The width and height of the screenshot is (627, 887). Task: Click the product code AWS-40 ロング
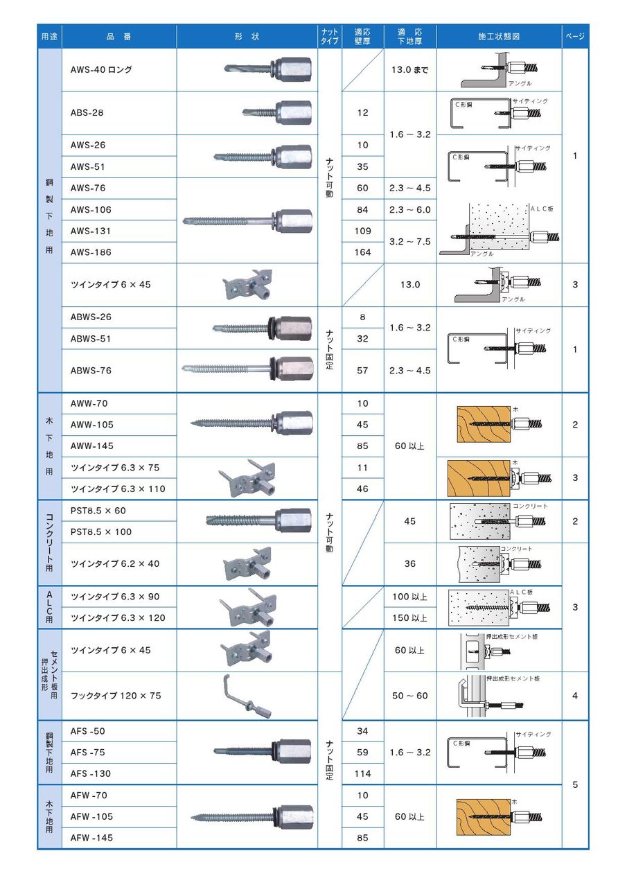coord(101,70)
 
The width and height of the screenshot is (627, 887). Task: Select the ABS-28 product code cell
coord(87,113)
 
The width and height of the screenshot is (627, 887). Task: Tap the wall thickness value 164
coord(363,253)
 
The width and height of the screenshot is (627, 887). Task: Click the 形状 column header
coord(247,37)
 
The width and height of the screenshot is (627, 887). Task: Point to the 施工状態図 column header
coord(499,37)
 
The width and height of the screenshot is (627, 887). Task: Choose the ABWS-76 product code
coord(91,371)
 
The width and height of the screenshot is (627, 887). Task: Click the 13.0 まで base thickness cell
coord(410,70)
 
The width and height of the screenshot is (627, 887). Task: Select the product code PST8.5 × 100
coord(101,532)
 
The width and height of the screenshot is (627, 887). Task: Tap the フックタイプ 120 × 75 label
coord(116,696)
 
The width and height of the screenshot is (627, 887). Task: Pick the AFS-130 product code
coord(90,774)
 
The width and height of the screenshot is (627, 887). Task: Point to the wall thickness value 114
coord(363,774)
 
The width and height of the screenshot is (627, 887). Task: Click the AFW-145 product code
coord(91,838)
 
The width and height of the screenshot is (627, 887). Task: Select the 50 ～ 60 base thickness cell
coord(410,696)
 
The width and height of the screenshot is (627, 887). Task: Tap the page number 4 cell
coord(575,696)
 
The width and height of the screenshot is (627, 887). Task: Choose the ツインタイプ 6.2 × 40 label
coord(115,564)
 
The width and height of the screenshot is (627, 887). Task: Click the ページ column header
coord(575,37)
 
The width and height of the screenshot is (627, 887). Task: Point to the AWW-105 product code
coord(92,425)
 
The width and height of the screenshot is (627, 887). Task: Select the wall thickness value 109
coord(363,231)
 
